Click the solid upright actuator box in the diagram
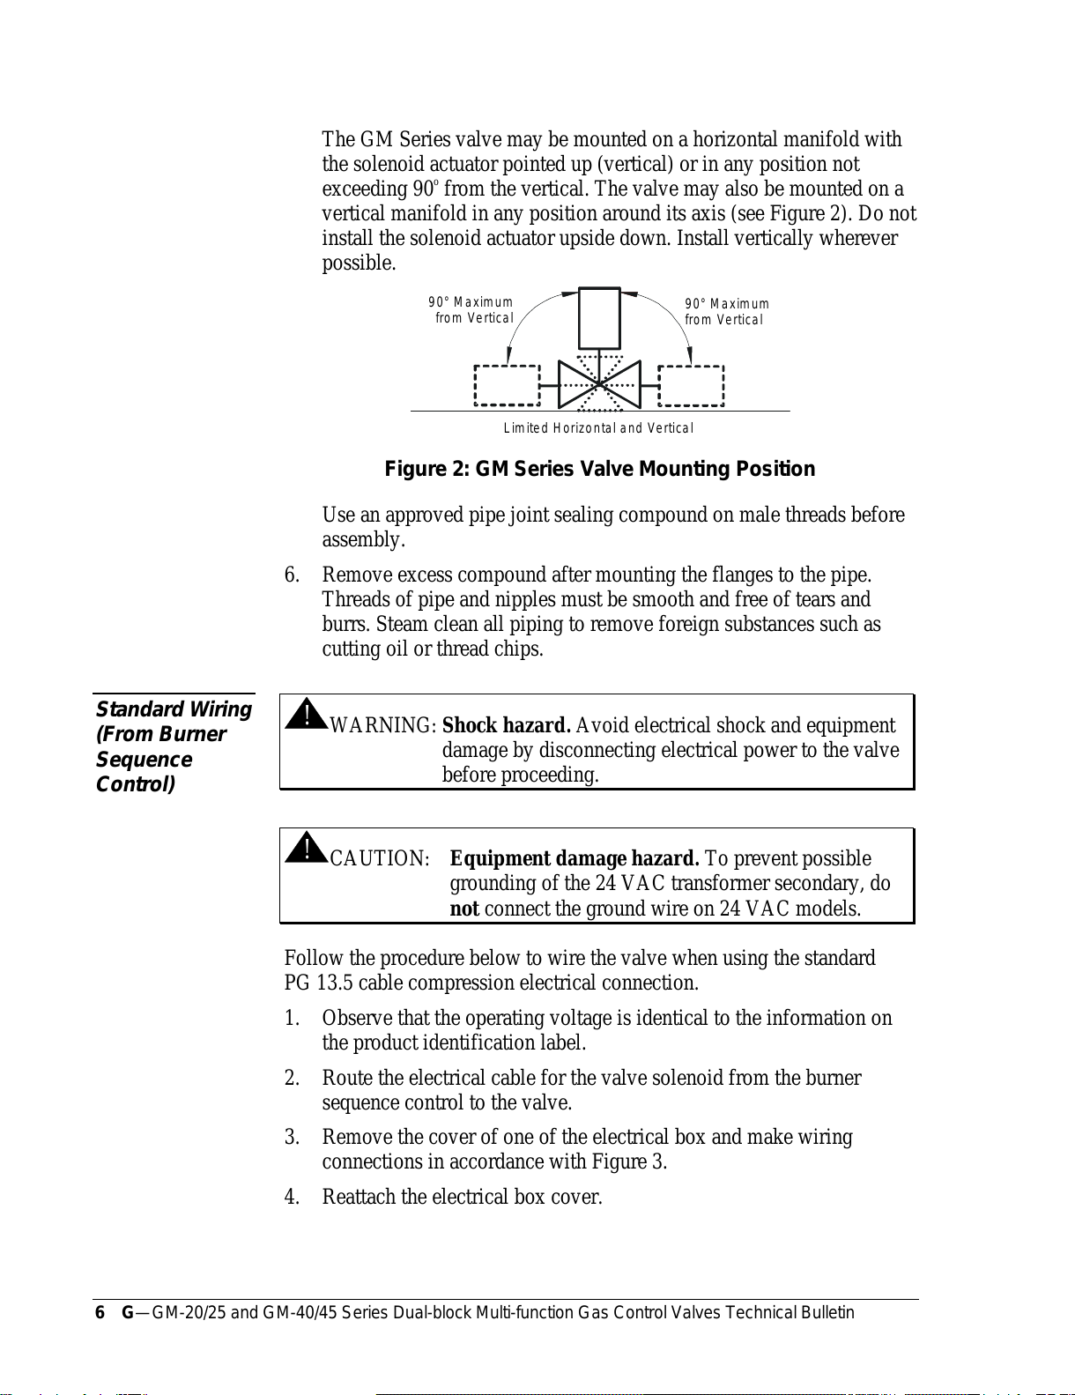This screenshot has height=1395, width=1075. point(599,318)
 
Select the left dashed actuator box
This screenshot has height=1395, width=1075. point(508,386)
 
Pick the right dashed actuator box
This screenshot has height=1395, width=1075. point(692,386)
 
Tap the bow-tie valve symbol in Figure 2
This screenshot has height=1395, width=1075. point(599,384)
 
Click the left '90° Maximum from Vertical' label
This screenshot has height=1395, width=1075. point(471,310)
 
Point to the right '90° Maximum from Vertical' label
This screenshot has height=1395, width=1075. point(727,312)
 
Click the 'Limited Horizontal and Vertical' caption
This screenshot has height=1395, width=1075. point(598,428)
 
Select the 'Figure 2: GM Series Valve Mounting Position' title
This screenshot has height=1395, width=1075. point(599,469)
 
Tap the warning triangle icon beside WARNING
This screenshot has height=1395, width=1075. point(306,714)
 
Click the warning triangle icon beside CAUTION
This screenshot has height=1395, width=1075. point(306,847)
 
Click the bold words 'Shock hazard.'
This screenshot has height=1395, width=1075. point(506,725)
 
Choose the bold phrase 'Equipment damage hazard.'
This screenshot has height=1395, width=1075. point(575,858)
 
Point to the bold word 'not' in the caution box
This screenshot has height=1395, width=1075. point(464,909)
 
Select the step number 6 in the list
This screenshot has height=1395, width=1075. point(292,575)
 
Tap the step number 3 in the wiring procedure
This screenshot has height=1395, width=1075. point(292,1138)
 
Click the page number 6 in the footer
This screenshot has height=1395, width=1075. point(100,1313)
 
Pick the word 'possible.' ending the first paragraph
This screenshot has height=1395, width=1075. point(359,263)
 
